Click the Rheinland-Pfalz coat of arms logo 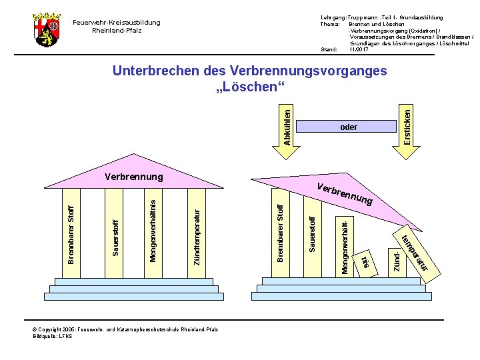pyautogui.click(x=47, y=29)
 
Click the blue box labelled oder pyautogui.click(x=348, y=127)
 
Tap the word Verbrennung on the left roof pyautogui.click(x=134, y=177)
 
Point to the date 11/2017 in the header pyautogui.click(x=359, y=49)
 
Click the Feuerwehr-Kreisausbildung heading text pyautogui.click(x=117, y=23)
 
